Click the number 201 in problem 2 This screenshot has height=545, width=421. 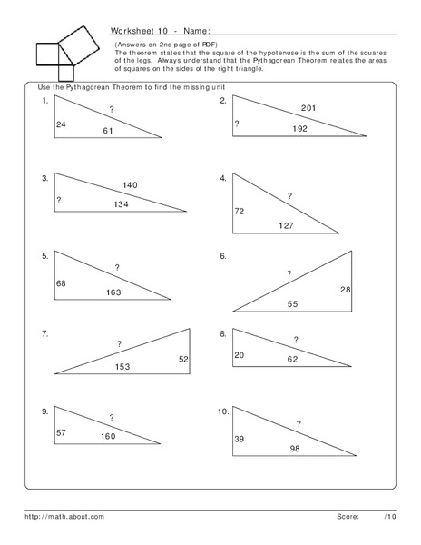coord(308,109)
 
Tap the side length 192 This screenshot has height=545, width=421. coord(300,130)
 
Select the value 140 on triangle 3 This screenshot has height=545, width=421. coord(130,185)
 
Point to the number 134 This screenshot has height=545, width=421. coord(122,204)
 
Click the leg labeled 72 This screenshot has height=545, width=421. coord(240,211)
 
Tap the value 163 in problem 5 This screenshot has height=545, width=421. coord(113,292)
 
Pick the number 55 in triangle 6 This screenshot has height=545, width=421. coord(292,304)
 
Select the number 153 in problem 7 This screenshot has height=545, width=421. coord(122,366)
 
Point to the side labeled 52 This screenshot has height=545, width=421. coord(183,361)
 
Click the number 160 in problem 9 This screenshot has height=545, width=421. coord(108,436)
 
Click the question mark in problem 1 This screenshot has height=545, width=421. coord(112,110)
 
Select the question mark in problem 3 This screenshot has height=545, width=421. coord(58,200)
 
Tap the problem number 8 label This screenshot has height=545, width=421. coord(223,334)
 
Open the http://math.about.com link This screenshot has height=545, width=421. coord(65,516)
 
